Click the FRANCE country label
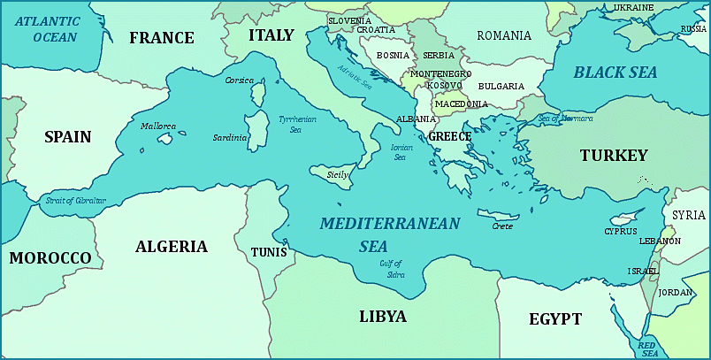(x=161, y=38)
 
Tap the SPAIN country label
(x=68, y=137)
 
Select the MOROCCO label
(x=50, y=258)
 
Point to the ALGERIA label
(x=172, y=247)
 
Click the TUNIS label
(x=268, y=252)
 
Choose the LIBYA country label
(x=383, y=317)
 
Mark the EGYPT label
(x=555, y=319)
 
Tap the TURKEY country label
(x=614, y=156)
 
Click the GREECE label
(x=449, y=137)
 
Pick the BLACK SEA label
(x=615, y=73)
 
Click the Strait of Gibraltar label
(x=75, y=201)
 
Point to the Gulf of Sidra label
(x=392, y=268)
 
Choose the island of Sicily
(x=337, y=174)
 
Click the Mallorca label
(x=157, y=126)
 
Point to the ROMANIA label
(x=504, y=36)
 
